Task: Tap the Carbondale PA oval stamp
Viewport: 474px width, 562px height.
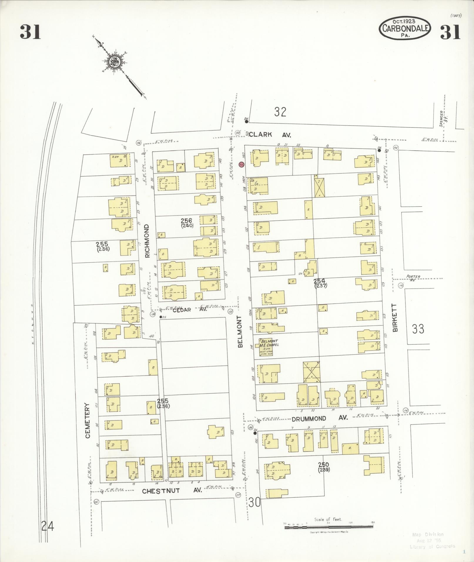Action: tap(405, 28)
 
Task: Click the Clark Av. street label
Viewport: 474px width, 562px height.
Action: tap(270, 135)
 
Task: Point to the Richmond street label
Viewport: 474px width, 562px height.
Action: tap(147, 241)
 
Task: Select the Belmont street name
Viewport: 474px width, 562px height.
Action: tap(240, 332)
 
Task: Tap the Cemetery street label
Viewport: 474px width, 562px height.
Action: tap(88, 421)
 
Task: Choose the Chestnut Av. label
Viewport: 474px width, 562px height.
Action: tap(172, 491)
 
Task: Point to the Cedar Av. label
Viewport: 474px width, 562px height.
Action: tap(190, 310)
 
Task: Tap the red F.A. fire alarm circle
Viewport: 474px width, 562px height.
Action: tap(241, 165)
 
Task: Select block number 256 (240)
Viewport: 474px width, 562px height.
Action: tap(186, 223)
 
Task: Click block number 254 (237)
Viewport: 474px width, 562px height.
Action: tap(320, 283)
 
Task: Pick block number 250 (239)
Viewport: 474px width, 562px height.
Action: tap(323, 467)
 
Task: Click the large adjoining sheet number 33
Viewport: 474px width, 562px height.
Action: tap(418, 329)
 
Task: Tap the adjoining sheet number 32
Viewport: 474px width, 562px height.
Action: tap(280, 112)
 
